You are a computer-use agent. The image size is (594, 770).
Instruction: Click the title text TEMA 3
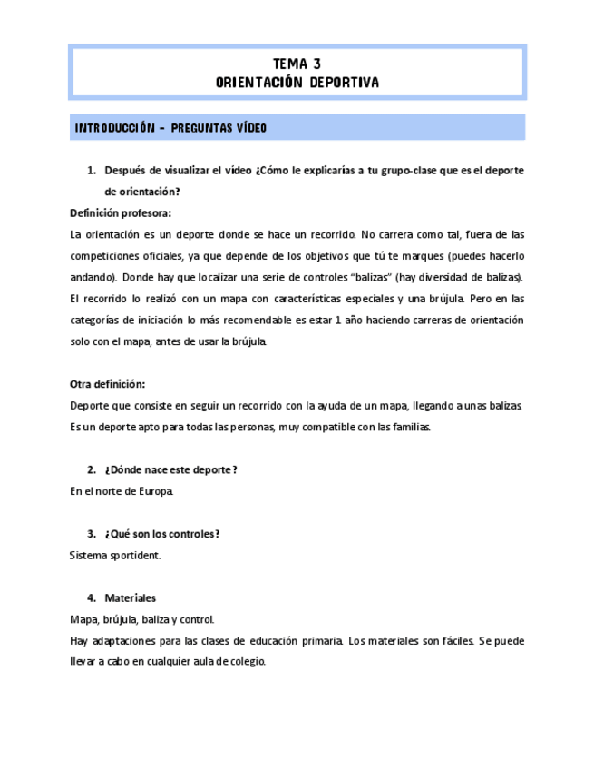coord(297,64)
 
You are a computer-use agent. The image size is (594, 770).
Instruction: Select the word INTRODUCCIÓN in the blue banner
coord(109,128)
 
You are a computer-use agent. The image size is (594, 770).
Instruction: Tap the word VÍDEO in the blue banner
coord(248,128)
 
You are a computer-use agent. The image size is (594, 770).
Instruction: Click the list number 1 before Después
coord(91,170)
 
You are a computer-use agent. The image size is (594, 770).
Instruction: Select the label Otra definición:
coord(107,383)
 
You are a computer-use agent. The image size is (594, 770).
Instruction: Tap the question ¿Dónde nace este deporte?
coord(171,469)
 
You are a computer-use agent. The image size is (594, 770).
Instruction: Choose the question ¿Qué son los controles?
coord(162,534)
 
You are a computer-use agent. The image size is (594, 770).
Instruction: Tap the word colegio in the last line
coord(246,662)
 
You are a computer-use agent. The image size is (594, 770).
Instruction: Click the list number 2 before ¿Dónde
coord(91,469)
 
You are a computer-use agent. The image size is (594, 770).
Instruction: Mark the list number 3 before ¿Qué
coord(91,534)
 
